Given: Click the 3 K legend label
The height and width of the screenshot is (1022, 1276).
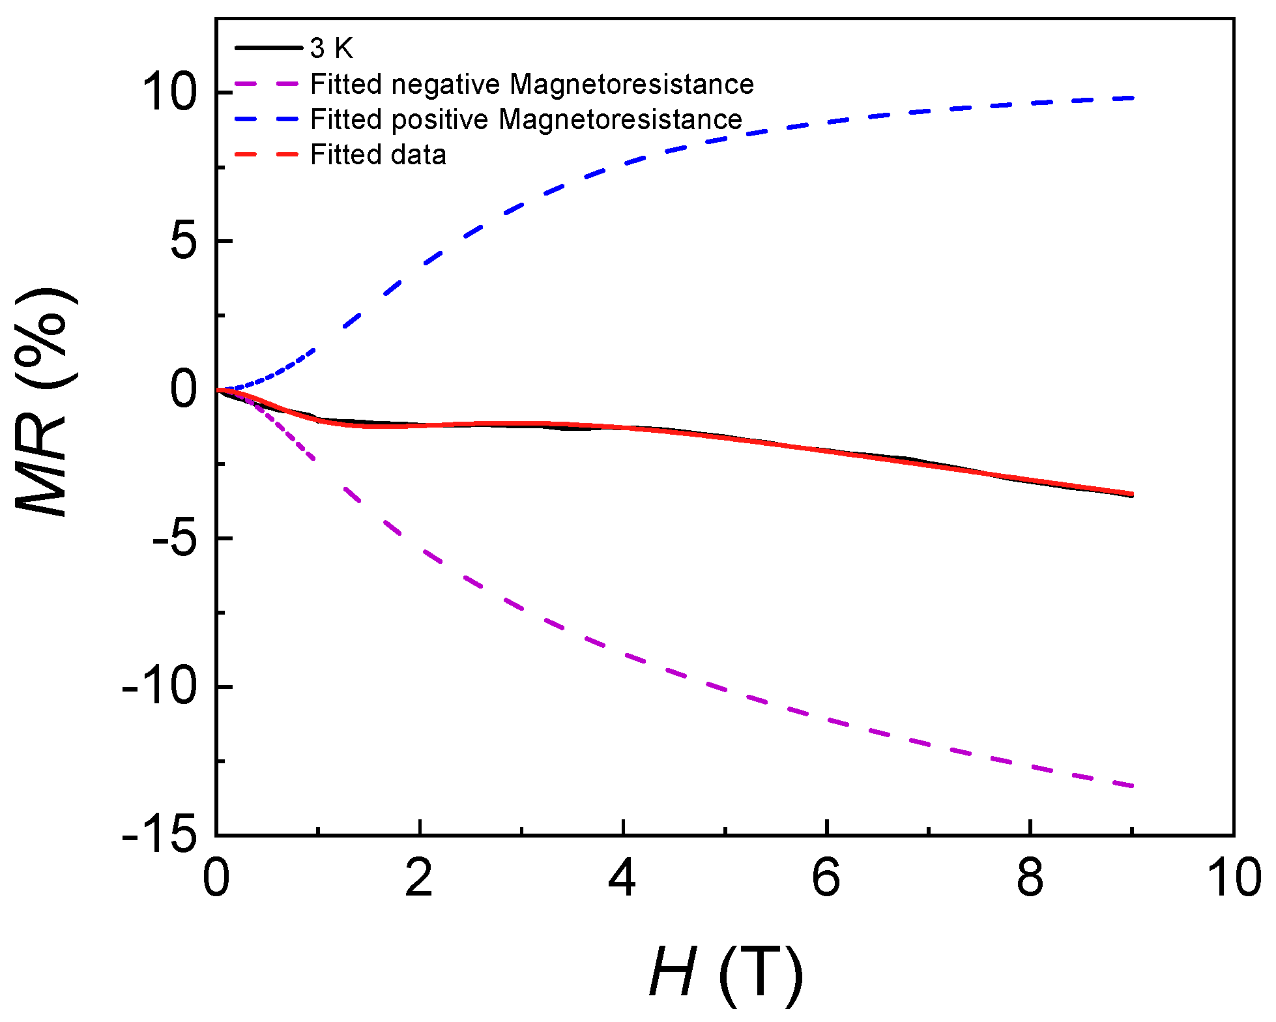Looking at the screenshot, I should (332, 48).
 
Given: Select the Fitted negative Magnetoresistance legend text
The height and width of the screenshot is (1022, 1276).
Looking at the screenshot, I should (532, 84).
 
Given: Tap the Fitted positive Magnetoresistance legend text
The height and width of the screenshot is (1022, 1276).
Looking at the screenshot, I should (526, 119).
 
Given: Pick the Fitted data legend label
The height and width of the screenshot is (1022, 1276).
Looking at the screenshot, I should (378, 155).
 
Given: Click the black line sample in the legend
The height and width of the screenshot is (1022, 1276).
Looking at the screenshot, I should (267, 48).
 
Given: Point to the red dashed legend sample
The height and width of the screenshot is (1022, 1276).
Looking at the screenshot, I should (267, 155).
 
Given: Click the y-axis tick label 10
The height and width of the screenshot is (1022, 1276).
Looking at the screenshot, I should (169, 93).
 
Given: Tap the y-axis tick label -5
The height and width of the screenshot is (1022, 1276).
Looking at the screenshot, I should (175, 538).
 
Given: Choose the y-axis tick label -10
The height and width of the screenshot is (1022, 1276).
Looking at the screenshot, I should (160, 687).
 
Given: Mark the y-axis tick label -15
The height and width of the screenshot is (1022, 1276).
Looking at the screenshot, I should (160, 835).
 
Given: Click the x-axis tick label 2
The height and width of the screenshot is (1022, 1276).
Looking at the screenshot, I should (419, 878).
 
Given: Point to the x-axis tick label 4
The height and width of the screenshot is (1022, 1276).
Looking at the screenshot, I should (622, 878).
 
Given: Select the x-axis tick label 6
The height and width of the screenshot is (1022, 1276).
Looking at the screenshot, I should (826, 878).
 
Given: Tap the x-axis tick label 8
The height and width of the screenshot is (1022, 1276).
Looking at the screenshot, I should (1030, 878).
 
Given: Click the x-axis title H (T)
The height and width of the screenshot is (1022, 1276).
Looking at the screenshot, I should (725, 972).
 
